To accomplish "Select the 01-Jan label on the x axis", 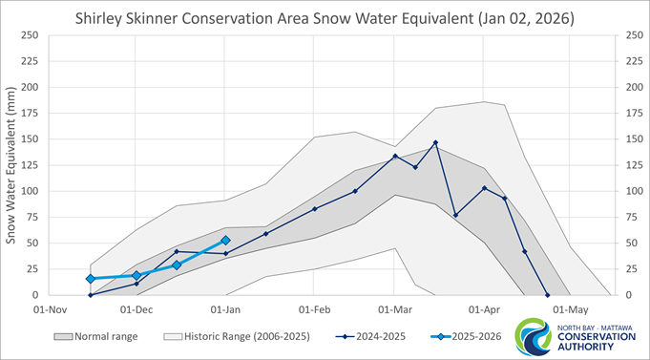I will pyautogui.click(x=225, y=309).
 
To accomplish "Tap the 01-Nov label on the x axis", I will pyautogui.click(x=49, y=309).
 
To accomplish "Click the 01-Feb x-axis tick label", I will pyautogui.click(x=314, y=309).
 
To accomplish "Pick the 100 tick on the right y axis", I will pyautogui.click(x=631, y=191).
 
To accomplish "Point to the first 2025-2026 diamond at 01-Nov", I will pyautogui.click(x=90, y=279).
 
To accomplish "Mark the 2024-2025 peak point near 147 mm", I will pyautogui.click(x=435, y=143).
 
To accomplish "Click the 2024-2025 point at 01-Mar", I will pyautogui.click(x=395, y=157).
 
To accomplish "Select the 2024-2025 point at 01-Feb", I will pyautogui.click(x=314, y=209).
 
